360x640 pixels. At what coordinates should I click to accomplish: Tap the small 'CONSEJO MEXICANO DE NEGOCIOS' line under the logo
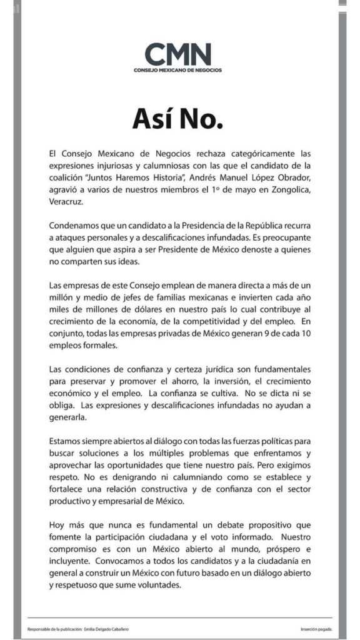tap(177, 70)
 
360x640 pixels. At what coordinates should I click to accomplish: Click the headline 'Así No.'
tap(177, 119)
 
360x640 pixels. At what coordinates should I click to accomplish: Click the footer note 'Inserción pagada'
tap(316, 629)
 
